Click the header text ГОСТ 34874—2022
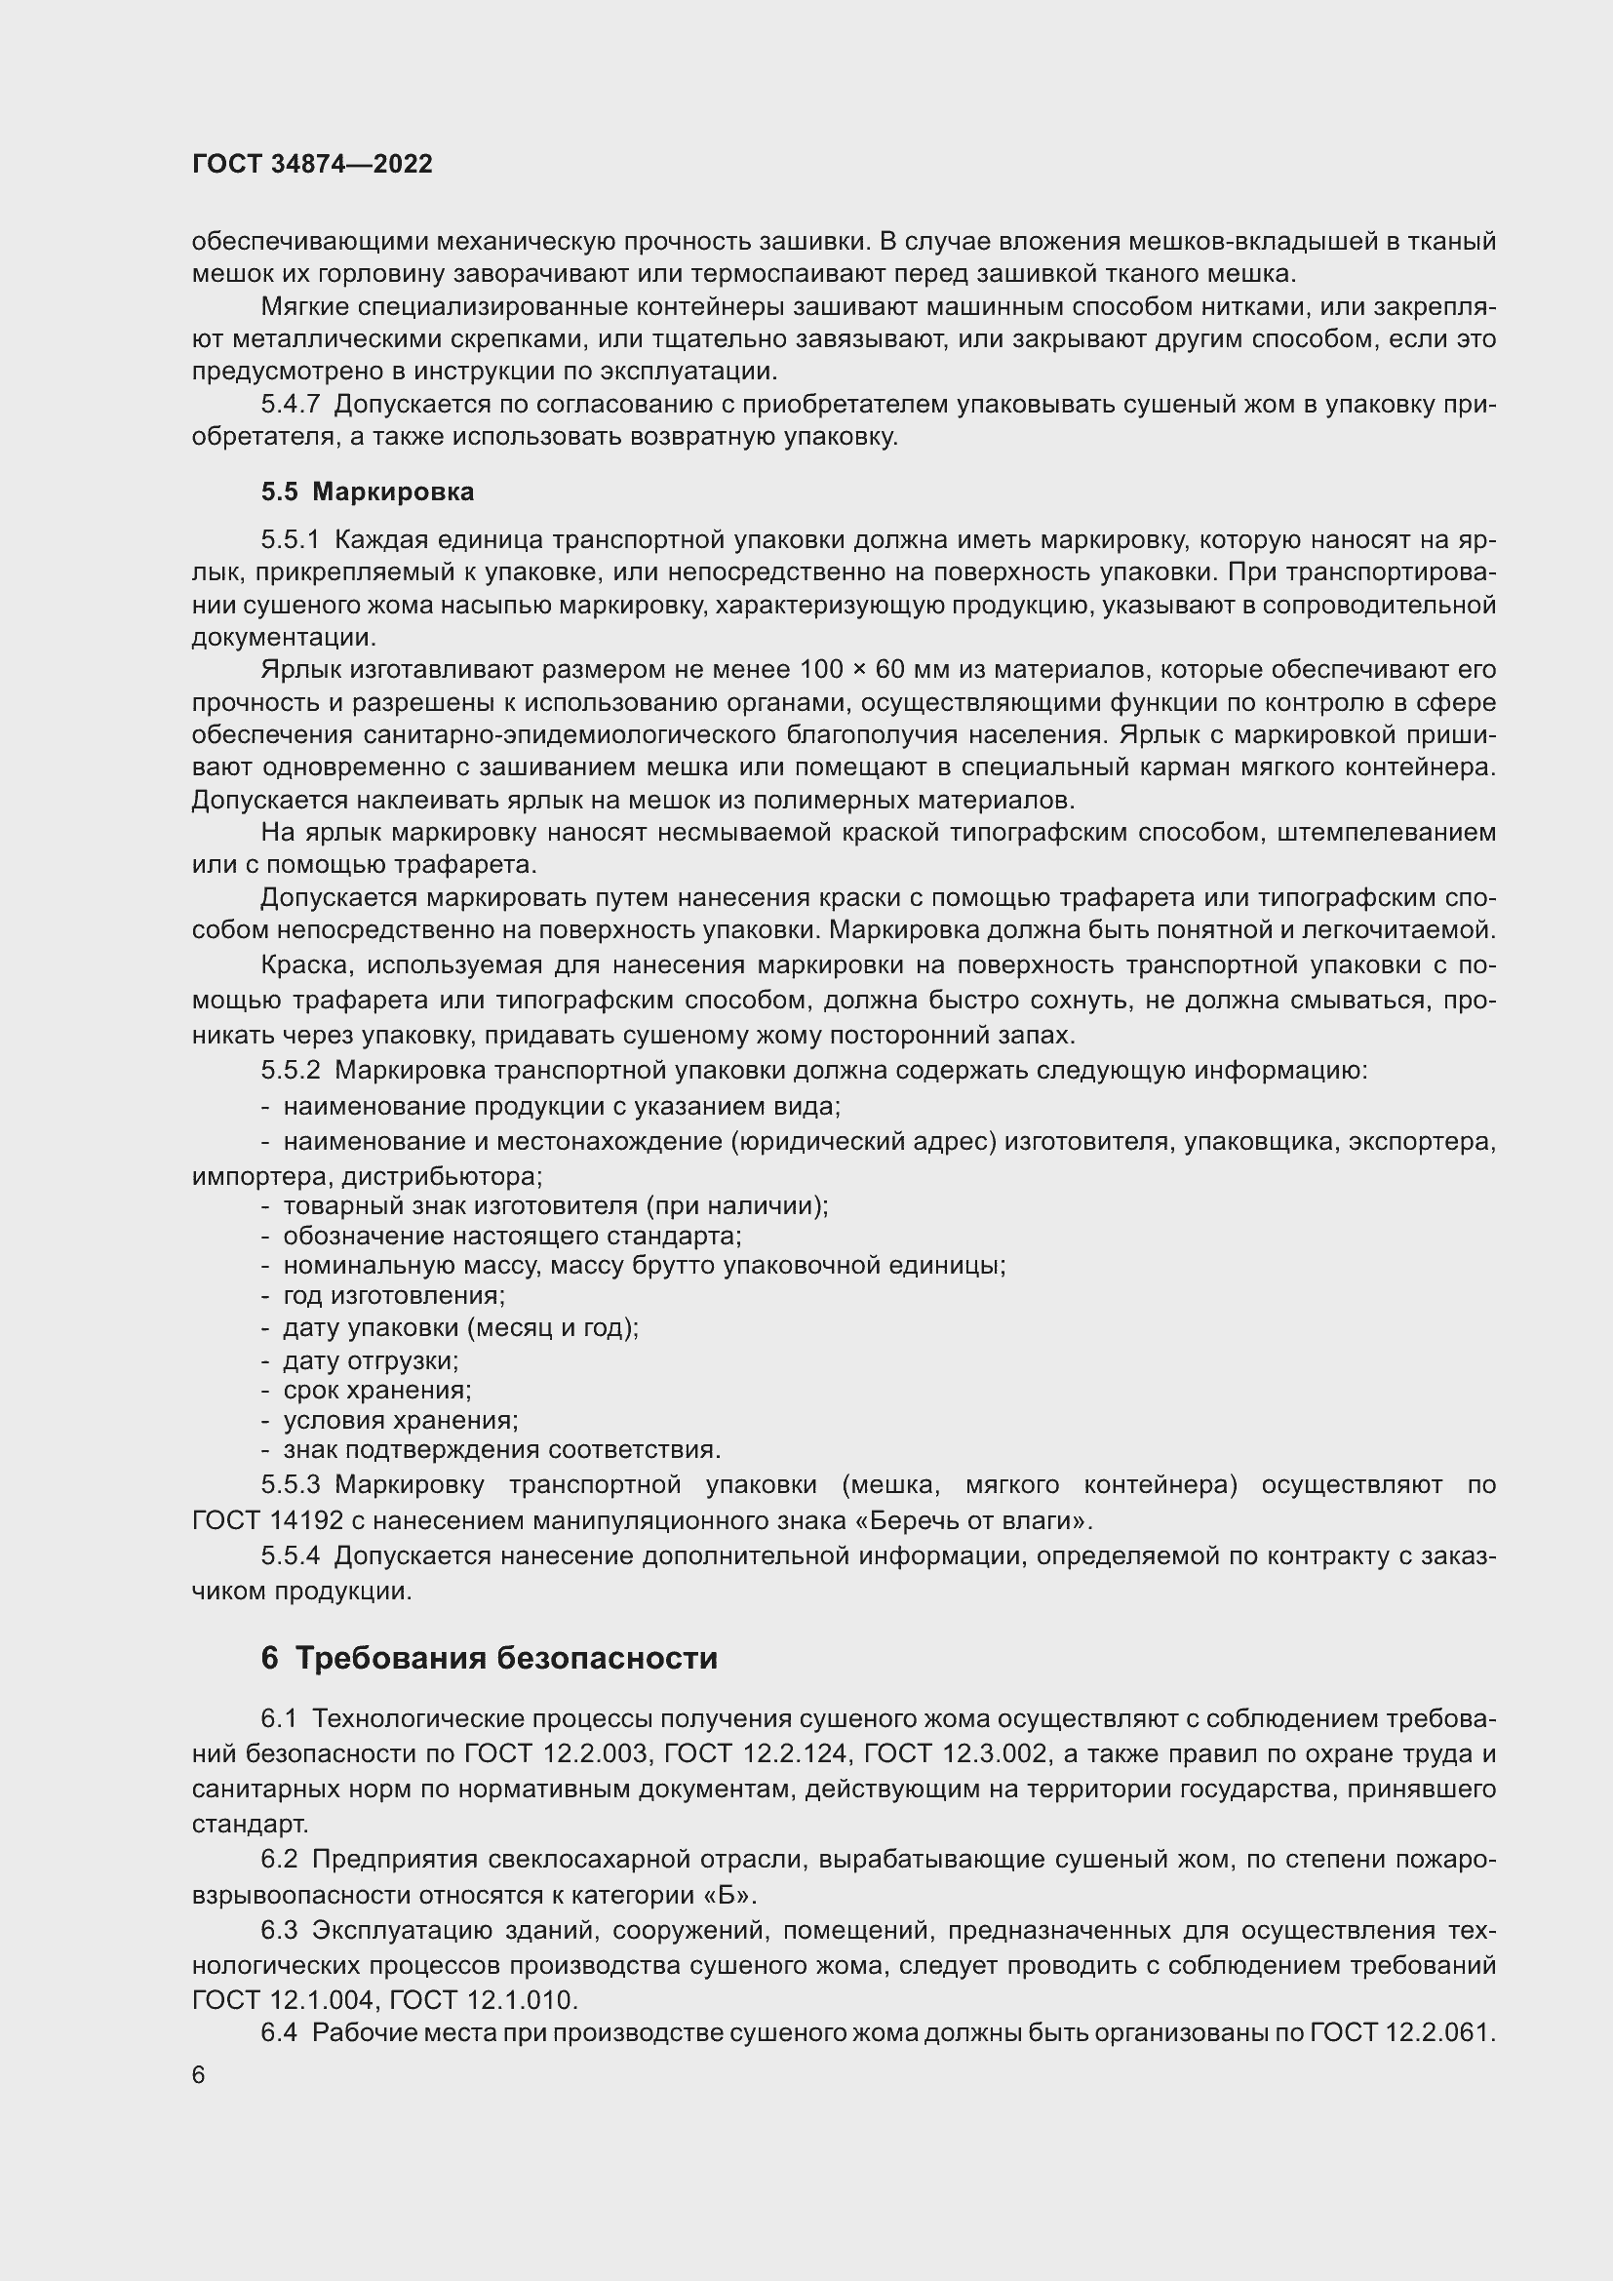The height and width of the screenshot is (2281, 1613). tap(312, 165)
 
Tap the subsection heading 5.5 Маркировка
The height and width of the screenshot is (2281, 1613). tap(368, 492)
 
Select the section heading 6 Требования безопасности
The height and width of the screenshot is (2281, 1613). tap(489, 1658)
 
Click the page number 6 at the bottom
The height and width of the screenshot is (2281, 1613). tap(199, 2076)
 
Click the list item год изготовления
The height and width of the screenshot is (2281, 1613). tap(393, 1295)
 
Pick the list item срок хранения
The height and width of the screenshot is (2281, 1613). tap(376, 1390)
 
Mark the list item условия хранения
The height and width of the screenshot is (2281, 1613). tap(400, 1421)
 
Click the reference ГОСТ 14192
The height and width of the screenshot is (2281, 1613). tap(267, 1521)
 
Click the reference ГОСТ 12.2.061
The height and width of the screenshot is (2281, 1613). tap(1401, 2032)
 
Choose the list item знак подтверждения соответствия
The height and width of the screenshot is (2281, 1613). tap(501, 1449)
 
